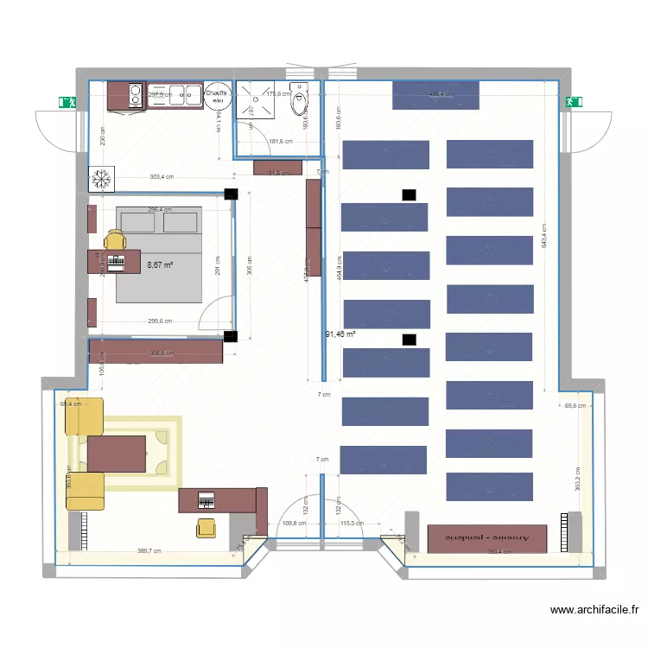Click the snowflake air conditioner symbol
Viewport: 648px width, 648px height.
click(101, 179)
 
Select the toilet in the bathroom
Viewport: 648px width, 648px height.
click(301, 98)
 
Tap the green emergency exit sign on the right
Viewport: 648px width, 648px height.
click(571, 102)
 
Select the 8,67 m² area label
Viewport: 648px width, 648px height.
click(160, 266)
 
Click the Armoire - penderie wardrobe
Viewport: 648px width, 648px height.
click(488, 537)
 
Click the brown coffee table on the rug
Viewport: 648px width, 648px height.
click(117, 454)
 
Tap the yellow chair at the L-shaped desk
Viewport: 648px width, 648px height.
click(206, 527)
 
